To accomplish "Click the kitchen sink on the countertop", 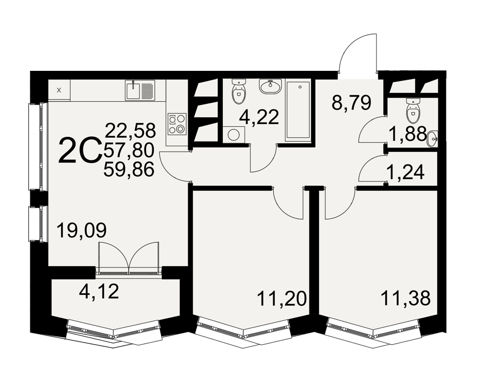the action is (140, 90).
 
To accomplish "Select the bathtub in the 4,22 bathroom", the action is (298, 111).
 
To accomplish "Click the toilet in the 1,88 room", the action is (413, 111).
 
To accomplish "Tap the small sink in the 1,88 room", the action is (433, 139).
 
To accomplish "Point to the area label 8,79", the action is (351, 103).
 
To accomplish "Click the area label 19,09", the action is (82, 231).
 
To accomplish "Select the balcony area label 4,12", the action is (99, 292).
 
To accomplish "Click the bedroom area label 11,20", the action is (281, 298).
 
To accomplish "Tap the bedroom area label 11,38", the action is (406, 298).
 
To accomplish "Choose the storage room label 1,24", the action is (405, 172).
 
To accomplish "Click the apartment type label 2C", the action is (80, 150).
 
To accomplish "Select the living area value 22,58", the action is (130, 130).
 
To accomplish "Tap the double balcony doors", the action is (128, 258).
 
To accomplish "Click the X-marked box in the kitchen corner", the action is (59, 90).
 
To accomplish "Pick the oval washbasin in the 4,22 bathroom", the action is (270, 86).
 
